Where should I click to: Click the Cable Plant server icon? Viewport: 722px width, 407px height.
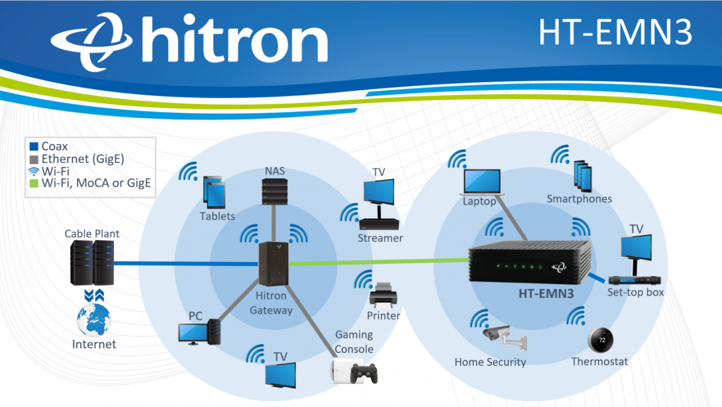92,262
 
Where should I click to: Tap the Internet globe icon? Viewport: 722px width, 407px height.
94,320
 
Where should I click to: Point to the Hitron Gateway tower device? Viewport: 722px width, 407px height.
274,264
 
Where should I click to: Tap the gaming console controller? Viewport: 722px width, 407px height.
363,373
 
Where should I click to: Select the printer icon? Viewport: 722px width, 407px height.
384,295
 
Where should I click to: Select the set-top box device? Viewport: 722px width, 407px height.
635,280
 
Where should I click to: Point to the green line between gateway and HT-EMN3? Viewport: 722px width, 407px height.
378,262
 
